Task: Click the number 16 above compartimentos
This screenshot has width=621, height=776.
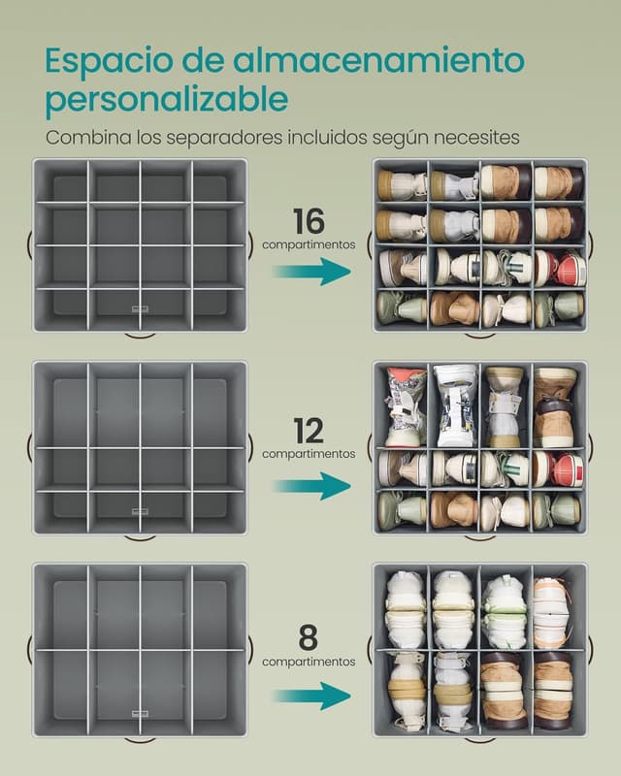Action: pyautogui.click(x=309, y=221)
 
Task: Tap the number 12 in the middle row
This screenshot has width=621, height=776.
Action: pyautogui.click(x=309, y=431)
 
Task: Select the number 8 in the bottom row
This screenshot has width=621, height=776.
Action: pyautogui.click(x=308, y=638)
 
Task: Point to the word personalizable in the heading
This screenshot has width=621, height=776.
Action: pyautogui.click(x=167, y=101)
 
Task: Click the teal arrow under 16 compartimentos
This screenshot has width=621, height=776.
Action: pyautogui.click(x=311, y=272)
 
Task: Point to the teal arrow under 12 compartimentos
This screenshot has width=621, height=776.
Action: pyautogui.click(x=311, y=486)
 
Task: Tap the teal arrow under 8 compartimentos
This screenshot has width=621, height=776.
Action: pyautogui.click(x=311, y=695)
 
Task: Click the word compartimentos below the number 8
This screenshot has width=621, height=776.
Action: pyautogui.click(x=309, y=662)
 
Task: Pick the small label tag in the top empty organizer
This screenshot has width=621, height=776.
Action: pyautogui.click(x=140, y=309)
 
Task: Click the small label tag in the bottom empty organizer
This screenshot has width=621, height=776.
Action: pyautogui.click(x=140, y=714)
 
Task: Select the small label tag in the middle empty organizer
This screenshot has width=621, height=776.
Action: pyautogui.click(x=140, y=511)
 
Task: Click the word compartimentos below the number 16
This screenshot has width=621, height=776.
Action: pyautogui.click(x=309, y=244)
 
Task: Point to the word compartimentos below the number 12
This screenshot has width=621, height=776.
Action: pyautogui.click(x=309, y=454)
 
